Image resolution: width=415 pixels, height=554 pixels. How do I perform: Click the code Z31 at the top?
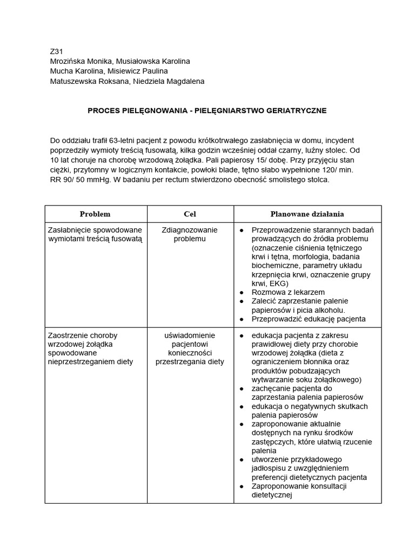56,52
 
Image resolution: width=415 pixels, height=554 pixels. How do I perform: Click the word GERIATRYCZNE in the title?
294,110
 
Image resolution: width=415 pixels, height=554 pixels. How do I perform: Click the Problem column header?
95,214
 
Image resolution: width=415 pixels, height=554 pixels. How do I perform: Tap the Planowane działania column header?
307,214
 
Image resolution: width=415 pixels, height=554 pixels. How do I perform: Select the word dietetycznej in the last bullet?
272,494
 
